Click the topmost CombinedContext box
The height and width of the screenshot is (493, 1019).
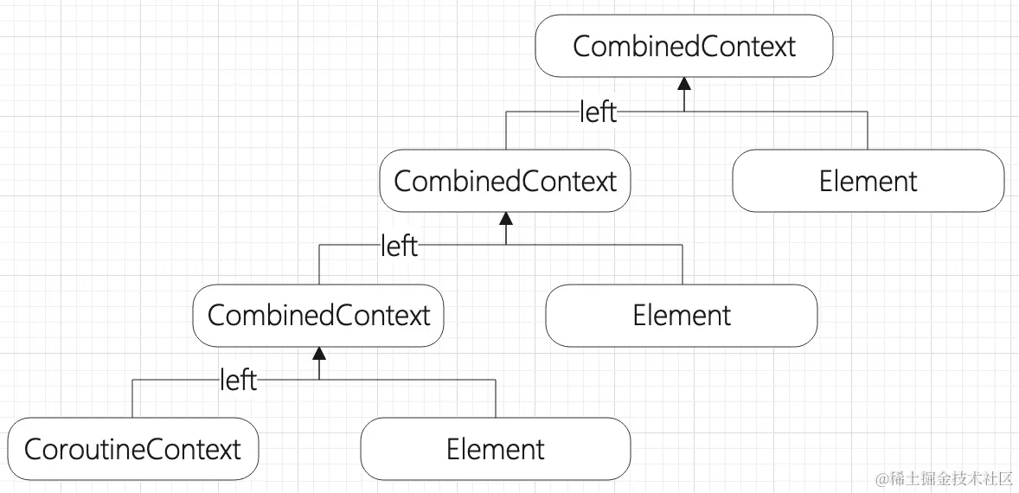pyautogui.click(x=683, y=46)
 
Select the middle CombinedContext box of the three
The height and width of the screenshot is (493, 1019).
pyautogui.click(x=505, y=181)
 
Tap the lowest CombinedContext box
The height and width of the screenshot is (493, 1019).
pyautogui.click(x=318, y=315)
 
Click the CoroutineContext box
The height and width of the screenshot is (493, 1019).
pyautogui.click(x=132, y=449)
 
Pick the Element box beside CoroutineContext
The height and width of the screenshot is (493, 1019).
pyautogui.click(x=496, y=449)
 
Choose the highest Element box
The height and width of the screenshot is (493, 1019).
pyautogui.click(x=868, y=181)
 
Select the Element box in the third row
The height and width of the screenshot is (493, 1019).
pyautogui.click(x=682, y=315)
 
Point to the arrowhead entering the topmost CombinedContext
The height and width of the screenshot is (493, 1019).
pyautogui.click(x=684, y=84)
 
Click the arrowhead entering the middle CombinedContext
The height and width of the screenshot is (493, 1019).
pyautogui.click(x=506, y=218)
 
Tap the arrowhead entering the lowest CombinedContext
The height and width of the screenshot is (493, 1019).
pyautogui.click(x=319, y=352)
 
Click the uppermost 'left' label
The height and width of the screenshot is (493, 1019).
pyautogui.click(x=598, y=112)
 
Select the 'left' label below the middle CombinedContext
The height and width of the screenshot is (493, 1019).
pyautogui.click(x=399, y=246)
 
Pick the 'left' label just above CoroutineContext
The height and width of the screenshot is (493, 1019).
pyautogui.click(x=238, y=380)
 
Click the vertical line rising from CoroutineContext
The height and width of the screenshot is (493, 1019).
pyautogui.click(x=132, y=399)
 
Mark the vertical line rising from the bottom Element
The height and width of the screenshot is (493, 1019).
pyautogui.click(x=496, y=399)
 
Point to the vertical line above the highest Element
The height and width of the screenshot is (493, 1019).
pyautogui.click(x=868, y=131)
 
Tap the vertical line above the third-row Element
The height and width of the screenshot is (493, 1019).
pyautogui.click(x=683, y=265)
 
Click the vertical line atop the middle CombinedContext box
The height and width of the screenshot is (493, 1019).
pyautogui.click(x=506, y=131)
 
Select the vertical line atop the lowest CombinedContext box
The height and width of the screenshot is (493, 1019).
pyautogui.click(x=319, y=265)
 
